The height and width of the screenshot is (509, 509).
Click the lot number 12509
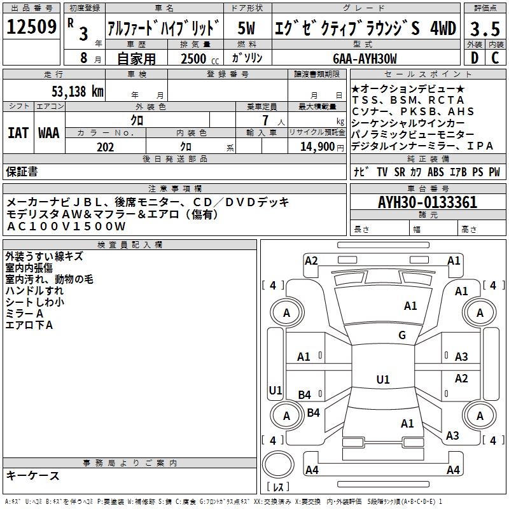(32, 27)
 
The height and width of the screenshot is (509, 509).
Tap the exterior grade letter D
(474, 57)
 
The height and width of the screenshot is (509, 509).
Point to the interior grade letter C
(494, 57)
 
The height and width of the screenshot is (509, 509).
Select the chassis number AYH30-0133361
(428, 202)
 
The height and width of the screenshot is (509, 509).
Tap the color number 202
(106, 147)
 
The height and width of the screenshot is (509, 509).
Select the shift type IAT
(18, 132)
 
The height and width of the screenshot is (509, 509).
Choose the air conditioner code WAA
(49, 132)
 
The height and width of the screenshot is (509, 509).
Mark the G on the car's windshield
(402, 335)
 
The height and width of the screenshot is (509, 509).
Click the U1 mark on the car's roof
(382, 380)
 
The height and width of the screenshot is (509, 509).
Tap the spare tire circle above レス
(278, 464)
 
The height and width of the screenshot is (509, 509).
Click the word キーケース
(33, 475)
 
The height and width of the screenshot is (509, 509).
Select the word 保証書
(22, 171)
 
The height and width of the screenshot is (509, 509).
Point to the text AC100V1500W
(66, 226)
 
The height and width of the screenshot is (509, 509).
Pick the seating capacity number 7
(263, 120)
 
